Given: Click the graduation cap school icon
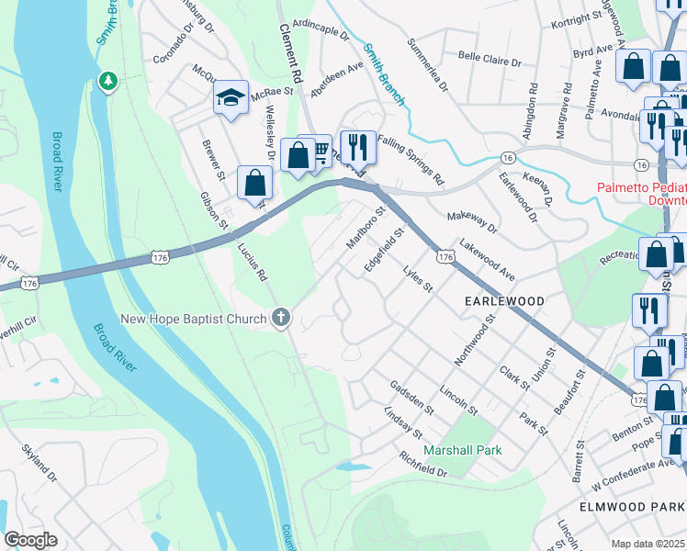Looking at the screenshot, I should [x=231, y=97].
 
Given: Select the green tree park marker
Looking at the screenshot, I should [x=108, y=82].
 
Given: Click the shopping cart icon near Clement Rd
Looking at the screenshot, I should [x=319, y=150].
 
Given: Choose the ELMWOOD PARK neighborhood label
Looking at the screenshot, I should [x=632, y=507].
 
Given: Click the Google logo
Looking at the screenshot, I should [x=30, y=540].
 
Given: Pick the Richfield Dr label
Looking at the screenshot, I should [x=410, y=463].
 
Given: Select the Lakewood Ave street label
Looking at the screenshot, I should [x=487, y=260].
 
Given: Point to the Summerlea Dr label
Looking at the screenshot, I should [x=427, y=65].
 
